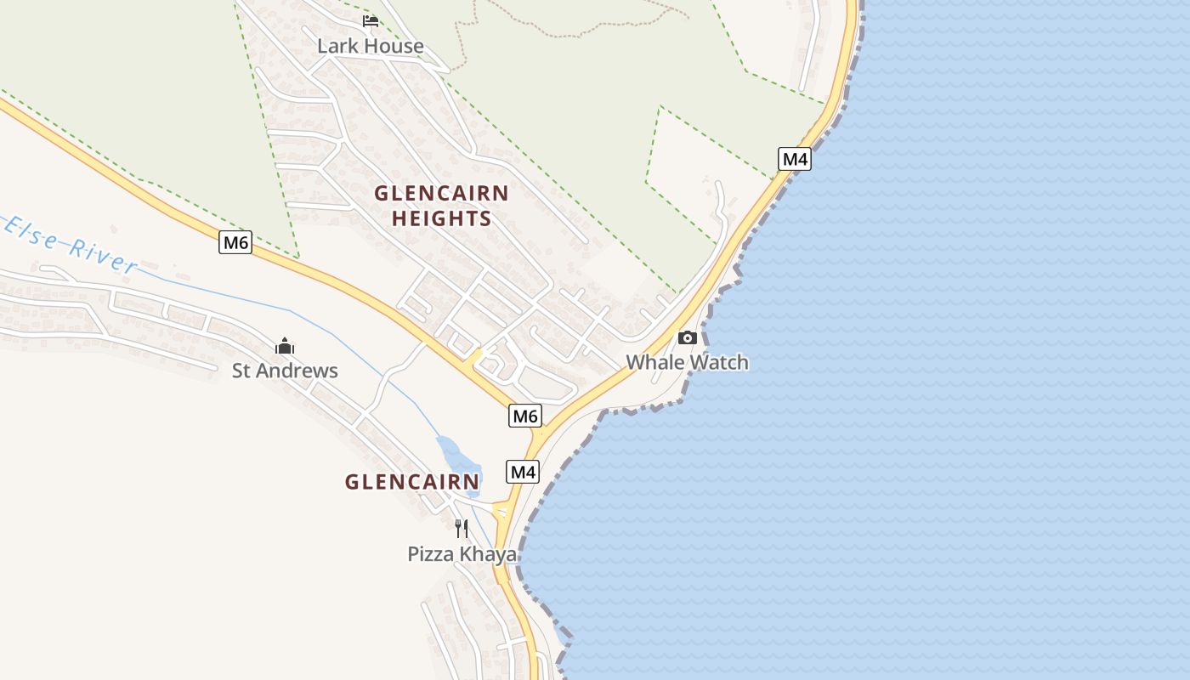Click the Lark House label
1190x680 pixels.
(370, 46)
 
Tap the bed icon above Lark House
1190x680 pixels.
(370, 20)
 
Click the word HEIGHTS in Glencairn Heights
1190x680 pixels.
(441, 218)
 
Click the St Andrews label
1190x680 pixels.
(285, 371)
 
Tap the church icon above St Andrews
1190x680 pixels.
(285, 346)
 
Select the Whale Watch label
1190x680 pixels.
(687, 362)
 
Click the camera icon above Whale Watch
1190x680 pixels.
(687, 337)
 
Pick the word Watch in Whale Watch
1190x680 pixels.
(719, 362)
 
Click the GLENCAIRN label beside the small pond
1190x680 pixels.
(412, 482)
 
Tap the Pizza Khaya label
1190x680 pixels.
(462, 554)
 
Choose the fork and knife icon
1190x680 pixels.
(462, 529)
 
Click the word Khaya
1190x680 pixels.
(488, 554)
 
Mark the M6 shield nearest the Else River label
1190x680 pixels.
(235, 243)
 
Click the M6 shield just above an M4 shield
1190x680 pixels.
(525, 416)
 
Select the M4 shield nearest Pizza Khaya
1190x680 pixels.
(523, 472)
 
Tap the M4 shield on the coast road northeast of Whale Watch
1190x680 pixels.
(794, 159)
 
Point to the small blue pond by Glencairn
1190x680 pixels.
(457, 455)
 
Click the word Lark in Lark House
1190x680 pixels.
(335, 46)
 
